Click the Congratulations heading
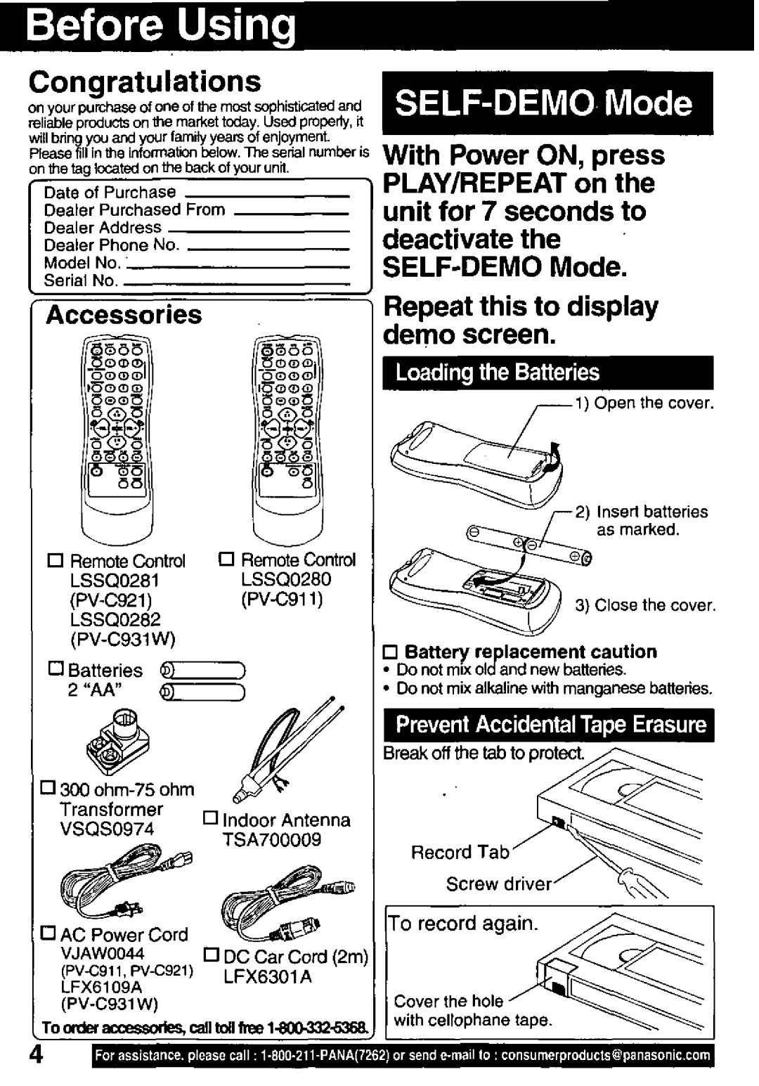[x=145, y=82]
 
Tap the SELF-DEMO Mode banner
[x=547, y=103]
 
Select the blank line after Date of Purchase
[x=267, y=196]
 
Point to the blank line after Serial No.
[x=237, y=284]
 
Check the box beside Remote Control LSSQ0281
[x=56, y=560]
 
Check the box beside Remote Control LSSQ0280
[x=226, y=559]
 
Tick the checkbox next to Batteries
[x=56, y=668]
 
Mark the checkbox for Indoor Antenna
[x=210, y=818]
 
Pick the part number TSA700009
[x=271, y=839]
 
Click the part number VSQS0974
[x=107, y=829]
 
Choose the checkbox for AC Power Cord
[x=48, y=932]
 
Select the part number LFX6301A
[x=267, y=977]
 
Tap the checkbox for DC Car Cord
[x=212, y=955]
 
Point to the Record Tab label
[x=460, y=853]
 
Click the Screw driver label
[x=499, y=884]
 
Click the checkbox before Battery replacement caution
[x=389, y=652]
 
